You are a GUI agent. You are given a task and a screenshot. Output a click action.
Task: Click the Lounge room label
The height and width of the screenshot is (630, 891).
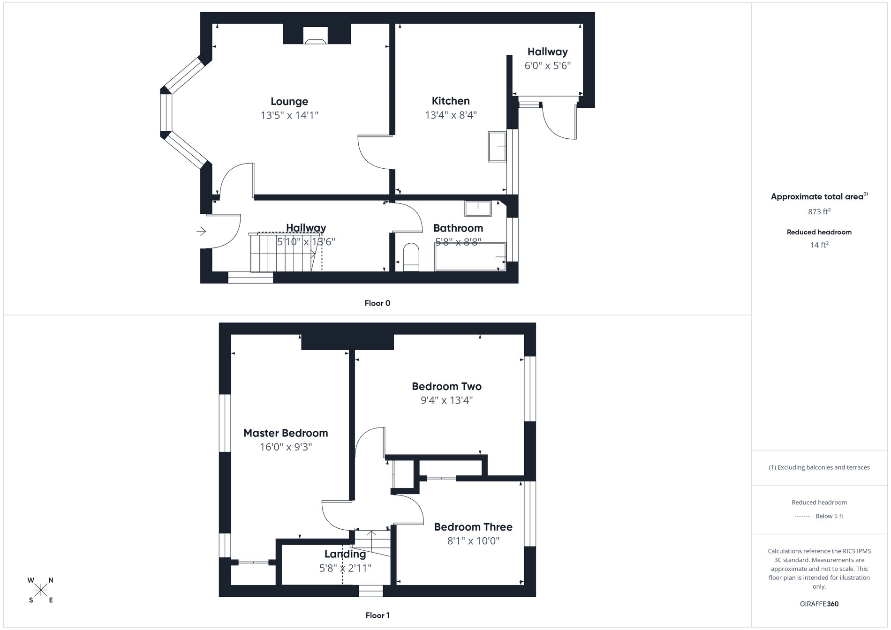pyautogui.click(x=289, y=101)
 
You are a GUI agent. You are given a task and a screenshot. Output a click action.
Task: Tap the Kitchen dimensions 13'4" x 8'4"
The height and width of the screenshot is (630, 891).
pyautogui.click(x=451, y=115)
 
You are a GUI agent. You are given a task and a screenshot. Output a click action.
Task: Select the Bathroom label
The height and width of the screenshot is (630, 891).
pyautogui.click(x=458, y=228)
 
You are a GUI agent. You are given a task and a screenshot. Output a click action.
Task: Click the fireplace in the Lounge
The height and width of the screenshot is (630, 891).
pyautogui.click(x=315, y=36)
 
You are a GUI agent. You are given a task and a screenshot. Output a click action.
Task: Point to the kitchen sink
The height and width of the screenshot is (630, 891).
pyautogui.click(x=497, y=147)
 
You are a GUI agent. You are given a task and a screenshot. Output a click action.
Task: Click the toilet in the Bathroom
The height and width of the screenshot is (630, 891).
pyautogui.click(x=411, y=257)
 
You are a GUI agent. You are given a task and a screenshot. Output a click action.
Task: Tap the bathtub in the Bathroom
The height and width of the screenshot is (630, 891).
pyautogui.click(x=470, y=257)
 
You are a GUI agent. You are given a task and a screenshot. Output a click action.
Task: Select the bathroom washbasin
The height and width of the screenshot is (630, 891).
pyautogui.click(x=478, y=209)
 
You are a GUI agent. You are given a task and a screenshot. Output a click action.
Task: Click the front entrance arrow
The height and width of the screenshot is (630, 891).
pyautogui.click(x=201, y=231)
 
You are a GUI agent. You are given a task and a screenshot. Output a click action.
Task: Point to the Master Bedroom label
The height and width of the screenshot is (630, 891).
pyautogui.click(x=286, y=433)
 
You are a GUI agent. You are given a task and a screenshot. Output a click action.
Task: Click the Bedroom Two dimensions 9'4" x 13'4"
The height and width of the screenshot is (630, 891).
pyautogui.click(x=446, y=400)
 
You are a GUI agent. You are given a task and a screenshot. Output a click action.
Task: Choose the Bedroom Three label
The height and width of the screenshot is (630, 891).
pyautogui.click(x=473, y=527)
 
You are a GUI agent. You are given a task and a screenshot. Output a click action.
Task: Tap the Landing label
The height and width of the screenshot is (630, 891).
pyautogui.click(x=345, y=554)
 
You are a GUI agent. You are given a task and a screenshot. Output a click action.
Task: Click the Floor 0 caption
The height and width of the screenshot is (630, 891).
pyautogui.click(x=378, y=303)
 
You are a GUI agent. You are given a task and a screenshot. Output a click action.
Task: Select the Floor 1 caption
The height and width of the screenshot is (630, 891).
pyautogui.click(x=378, y=615)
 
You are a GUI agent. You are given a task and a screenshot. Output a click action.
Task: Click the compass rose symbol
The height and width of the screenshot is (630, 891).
pyautogui.click(x=41, y=590)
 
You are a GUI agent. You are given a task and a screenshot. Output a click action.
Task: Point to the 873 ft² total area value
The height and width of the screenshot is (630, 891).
pyautogui.click(x=819, y=211)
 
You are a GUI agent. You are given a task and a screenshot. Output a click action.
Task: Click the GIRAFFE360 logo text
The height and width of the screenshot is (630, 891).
pyautogui.click(x=819, y=604)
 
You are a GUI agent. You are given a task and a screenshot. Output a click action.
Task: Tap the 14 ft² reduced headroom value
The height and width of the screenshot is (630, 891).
pyautogui.click(x=819, y=245)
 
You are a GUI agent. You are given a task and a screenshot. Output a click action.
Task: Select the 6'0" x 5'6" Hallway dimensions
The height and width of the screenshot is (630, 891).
pyautogui.click(x=547, y=66)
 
